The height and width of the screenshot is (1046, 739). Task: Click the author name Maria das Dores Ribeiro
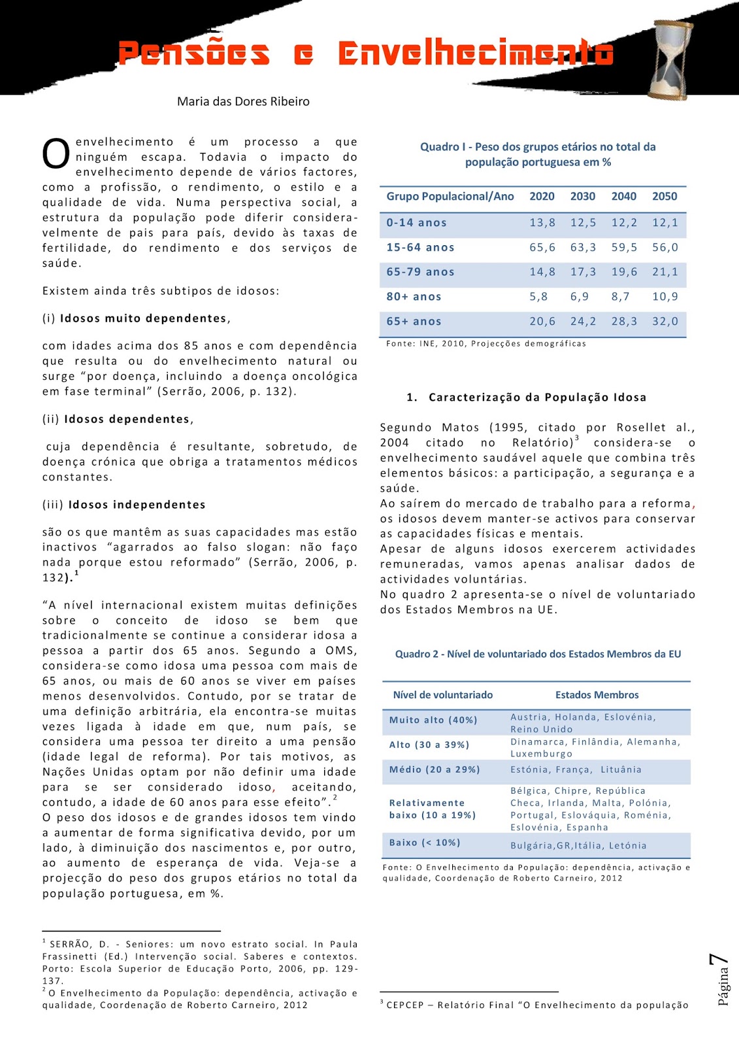243,101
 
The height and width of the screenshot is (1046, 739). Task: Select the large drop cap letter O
56,154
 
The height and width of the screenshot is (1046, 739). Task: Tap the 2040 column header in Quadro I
623,196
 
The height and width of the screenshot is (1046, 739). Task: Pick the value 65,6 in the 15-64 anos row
542,247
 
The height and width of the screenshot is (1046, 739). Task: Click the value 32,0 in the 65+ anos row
665,321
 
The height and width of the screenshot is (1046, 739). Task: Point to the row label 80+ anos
414,296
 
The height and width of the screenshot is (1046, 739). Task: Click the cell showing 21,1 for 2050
665,272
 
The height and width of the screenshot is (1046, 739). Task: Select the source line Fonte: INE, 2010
485,343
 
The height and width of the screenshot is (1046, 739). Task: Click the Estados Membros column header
597,695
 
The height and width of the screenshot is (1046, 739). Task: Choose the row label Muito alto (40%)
433,720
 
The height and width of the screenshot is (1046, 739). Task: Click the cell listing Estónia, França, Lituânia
576,769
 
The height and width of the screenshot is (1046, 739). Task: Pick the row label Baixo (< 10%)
425,843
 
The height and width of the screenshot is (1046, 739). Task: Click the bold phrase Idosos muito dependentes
143,318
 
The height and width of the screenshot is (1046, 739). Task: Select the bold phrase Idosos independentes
137,505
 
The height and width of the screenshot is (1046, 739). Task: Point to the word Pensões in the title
193,54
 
